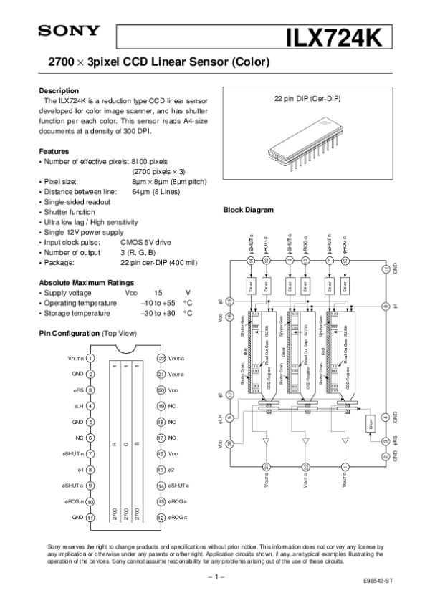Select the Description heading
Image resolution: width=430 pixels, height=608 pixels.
58,91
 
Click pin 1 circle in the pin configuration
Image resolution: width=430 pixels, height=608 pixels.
91,358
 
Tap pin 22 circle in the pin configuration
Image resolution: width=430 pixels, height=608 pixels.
161,358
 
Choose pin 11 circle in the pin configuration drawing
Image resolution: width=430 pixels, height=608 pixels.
91,516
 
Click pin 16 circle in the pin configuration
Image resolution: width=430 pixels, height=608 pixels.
161,453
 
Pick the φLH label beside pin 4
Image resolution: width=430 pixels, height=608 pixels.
79,406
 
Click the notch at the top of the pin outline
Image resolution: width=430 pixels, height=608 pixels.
126,350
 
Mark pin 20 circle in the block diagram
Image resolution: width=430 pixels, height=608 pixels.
230,444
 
